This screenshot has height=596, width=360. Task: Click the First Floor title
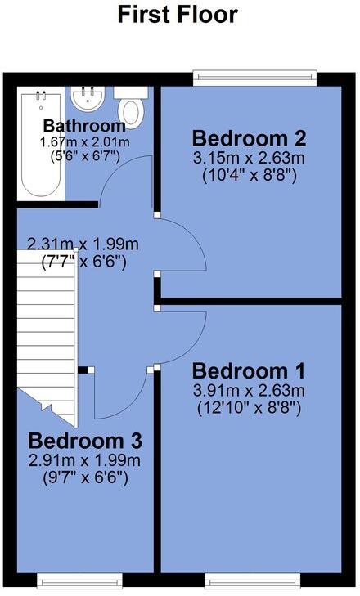tap(178, 15)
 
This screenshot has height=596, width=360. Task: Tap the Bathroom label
tap(84, 126)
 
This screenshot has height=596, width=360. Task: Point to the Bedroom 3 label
tap(85, 441)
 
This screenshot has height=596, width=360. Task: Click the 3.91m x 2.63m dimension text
tap(248, 389)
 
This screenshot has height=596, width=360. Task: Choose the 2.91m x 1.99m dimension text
tap(84, 461)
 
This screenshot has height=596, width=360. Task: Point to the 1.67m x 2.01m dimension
tap(84, 142)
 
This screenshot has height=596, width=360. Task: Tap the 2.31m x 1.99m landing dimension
tap(83, 244)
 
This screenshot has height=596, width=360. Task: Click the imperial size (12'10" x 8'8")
tap(248, 406)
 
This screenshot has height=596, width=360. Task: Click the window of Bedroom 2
tap(254, 78)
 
